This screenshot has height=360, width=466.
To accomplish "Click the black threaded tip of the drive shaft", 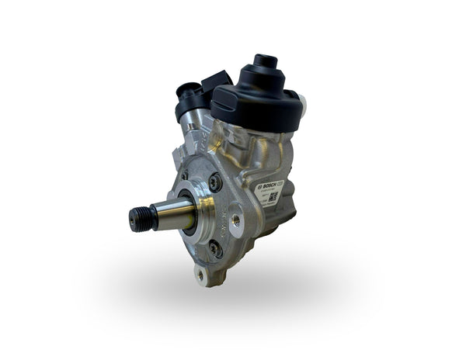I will [x=141, y=217].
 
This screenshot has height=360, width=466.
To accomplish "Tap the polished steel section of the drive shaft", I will [x=175, y=210].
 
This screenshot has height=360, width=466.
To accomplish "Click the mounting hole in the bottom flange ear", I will [x=203, y=273].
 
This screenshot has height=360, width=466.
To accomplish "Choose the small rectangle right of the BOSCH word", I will [x=280, y=182].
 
